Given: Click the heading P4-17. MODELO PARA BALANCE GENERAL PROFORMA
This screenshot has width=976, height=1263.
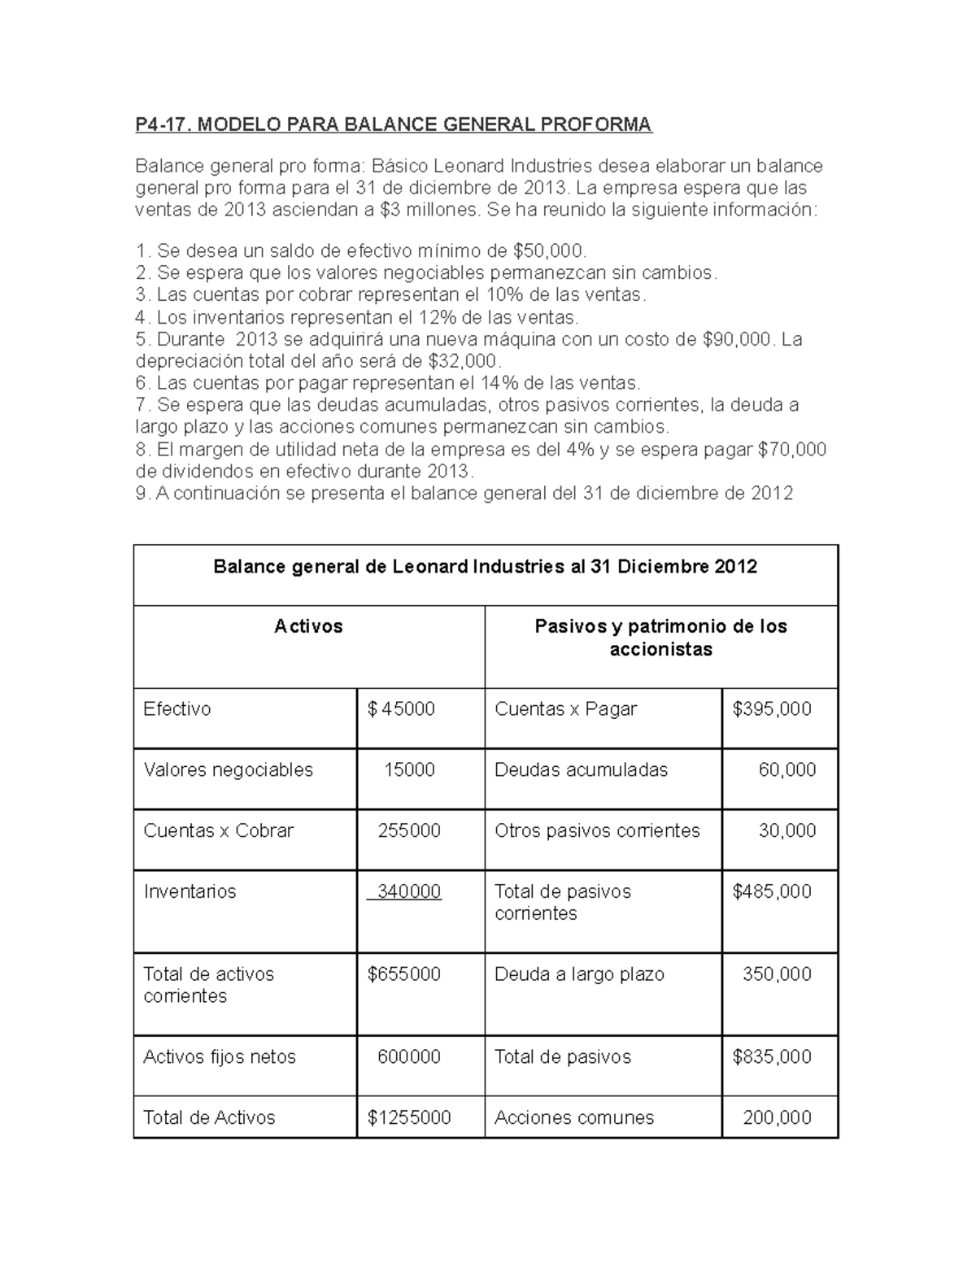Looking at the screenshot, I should pos(393,124).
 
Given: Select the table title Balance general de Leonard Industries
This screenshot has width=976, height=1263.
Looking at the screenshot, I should pos(485,567).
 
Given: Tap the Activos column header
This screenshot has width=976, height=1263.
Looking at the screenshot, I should pos(308,626).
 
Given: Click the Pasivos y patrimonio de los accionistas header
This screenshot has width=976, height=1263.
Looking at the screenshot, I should pos(660,638).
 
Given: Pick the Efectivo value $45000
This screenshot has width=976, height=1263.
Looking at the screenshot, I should pos(401,709).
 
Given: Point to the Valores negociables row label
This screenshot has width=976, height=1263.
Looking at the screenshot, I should pos(228,770).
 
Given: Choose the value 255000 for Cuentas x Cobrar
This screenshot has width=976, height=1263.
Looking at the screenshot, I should pos(409,830).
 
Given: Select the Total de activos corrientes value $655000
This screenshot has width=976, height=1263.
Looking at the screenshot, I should pos(404,974).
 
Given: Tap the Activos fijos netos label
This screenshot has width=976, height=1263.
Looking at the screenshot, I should pos(220,1057).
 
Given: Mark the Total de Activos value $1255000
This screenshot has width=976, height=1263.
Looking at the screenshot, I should pos(409,1117).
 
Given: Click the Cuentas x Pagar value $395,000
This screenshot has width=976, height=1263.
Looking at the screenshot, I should pos(772,709).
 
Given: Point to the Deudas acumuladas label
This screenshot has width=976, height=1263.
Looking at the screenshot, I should pos(581,770).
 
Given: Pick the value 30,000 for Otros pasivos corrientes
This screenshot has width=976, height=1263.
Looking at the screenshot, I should pos(786,830).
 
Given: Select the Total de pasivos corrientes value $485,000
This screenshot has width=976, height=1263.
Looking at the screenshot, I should pos(772,891).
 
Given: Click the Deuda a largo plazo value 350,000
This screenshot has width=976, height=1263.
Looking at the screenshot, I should pos(777,974).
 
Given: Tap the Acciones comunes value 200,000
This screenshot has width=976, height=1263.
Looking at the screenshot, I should pos(777,1117).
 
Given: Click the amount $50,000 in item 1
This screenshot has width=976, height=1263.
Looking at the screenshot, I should pos(548,250).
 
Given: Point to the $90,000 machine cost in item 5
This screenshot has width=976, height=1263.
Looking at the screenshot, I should pos(735,338).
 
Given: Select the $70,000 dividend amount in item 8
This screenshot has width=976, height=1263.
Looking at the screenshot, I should pos(791,450).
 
